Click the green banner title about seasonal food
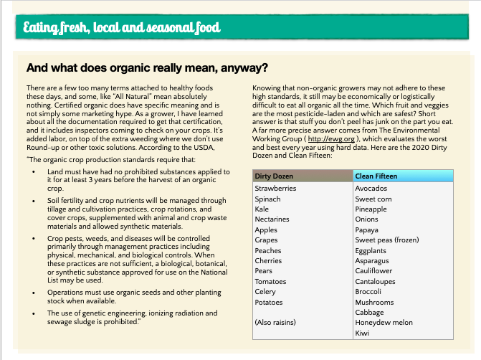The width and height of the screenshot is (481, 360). coord(122,29)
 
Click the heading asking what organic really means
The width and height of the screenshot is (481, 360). coord(147,69)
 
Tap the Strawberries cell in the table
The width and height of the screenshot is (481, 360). coord(275,188)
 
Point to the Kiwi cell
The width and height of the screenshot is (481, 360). coord(363,333)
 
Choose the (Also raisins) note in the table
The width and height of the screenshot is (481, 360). coord(275,323)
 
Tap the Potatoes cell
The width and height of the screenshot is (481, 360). coord(270,302)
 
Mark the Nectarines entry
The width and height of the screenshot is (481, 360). coord(272,219)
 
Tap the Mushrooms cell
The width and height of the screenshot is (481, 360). coord(374,302)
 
